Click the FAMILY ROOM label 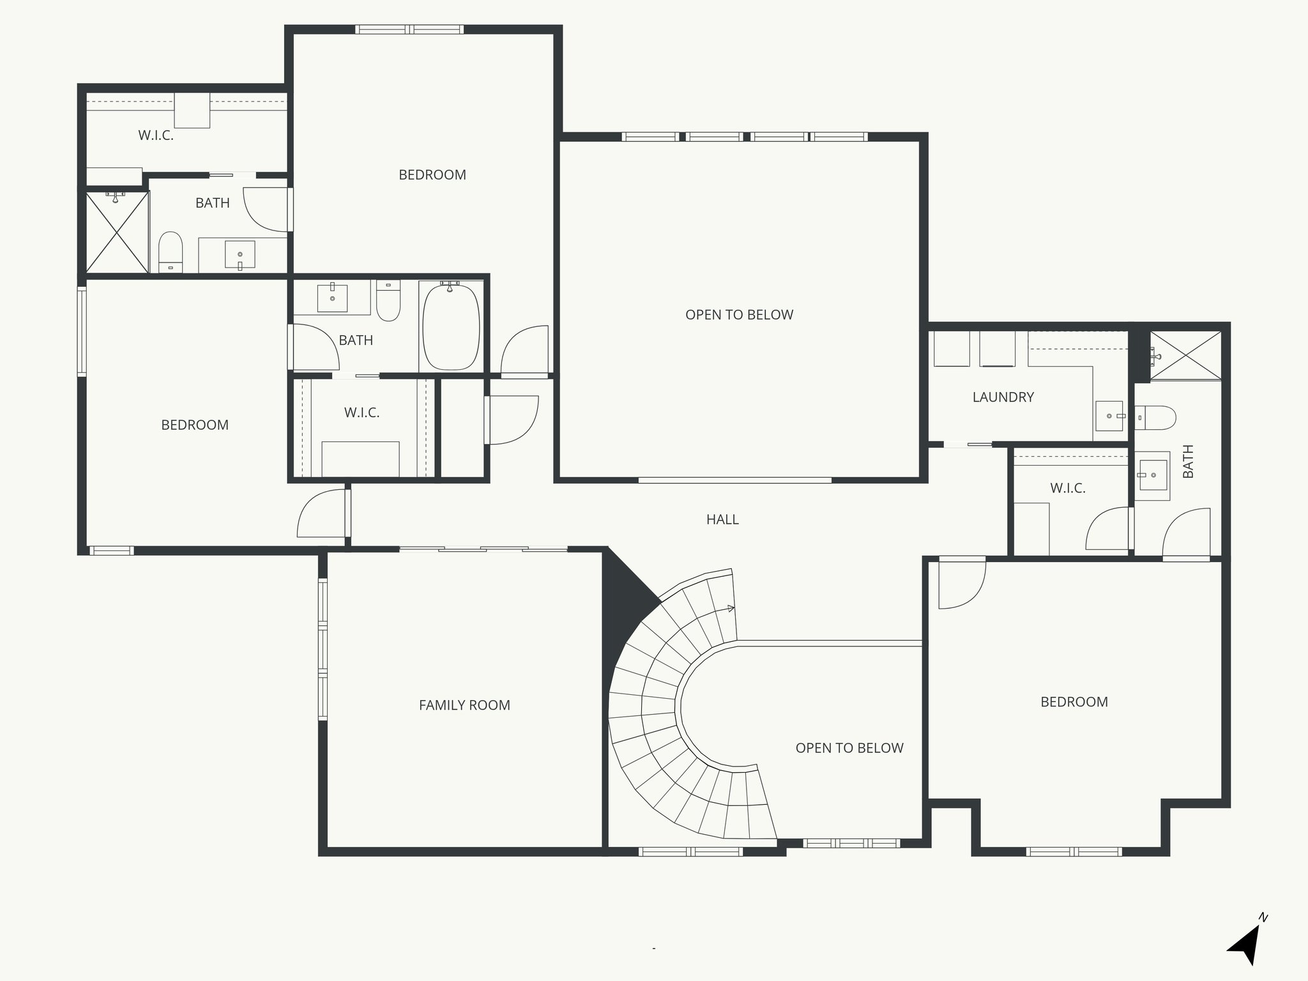tap(464, 705)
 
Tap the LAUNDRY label tap(1003, 397)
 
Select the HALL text tap(722, 520)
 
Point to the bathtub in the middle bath tap(451, 327)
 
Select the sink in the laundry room tap(1109, 416)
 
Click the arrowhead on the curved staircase tap(732, 609)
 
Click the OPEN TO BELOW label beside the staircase tap(849, 748)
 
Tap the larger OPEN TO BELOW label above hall tap(739, 315)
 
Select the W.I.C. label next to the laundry tap(1067, 489)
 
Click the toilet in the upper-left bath tap(171, 250)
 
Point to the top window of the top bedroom tap(409, 29)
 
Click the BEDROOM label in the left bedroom tap(195, 425)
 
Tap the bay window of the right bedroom tap(1074, 851)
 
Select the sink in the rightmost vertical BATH tap(1153, 475)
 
